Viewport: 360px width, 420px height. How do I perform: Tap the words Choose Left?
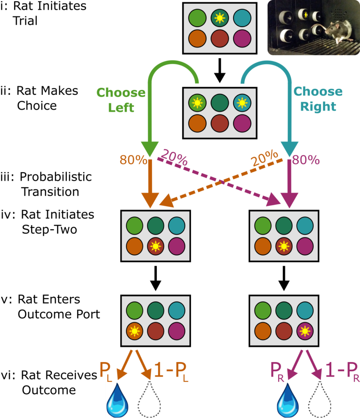[x=121, y=100]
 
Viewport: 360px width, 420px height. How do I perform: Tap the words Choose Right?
[x=318, y=99]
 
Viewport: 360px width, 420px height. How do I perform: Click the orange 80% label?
[x=133, y=160]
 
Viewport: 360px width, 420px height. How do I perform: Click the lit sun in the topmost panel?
[x=220, y=18]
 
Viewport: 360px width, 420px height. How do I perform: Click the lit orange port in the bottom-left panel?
[x=134, y=331]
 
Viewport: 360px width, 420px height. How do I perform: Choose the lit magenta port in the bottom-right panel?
[x=305, y=331]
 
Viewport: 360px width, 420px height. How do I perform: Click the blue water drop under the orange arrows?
[x=117, y=399]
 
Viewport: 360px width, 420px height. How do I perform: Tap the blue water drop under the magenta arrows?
[x=288, y=399]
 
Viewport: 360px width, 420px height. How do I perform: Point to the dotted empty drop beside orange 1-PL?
[x=150, y=399]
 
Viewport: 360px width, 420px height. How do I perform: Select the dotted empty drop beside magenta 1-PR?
[x=320, y=399]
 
